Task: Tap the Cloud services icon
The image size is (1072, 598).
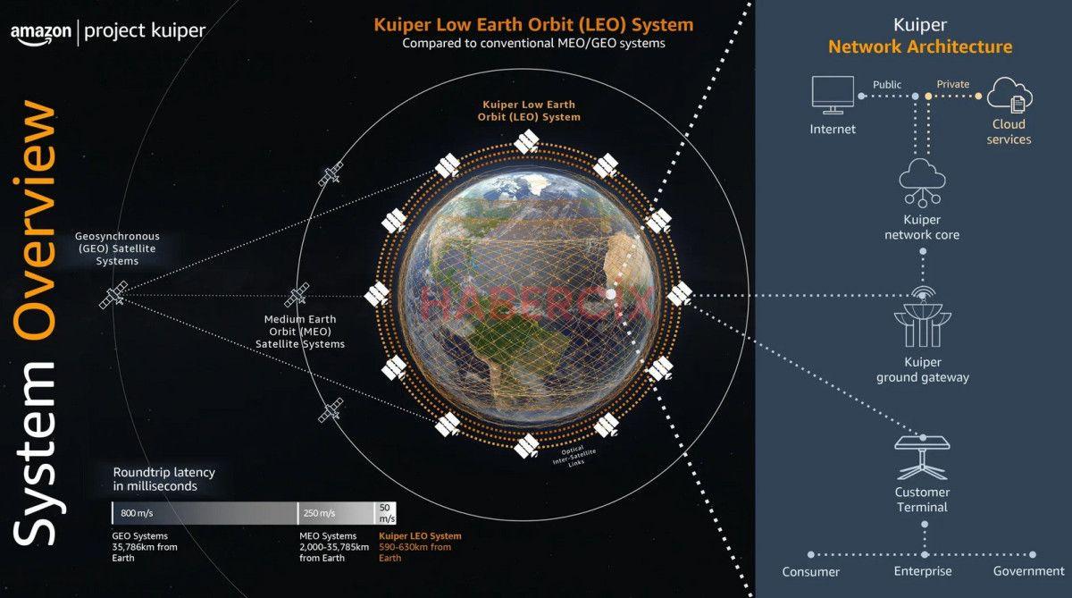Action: tap(1009, 95)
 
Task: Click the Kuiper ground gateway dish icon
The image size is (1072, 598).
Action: tap(923, 316)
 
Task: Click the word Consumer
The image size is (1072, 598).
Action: tap(811, 572)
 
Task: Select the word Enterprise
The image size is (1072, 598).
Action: tap(923, 571)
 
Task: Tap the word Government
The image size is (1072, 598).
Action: tap(1029, 571)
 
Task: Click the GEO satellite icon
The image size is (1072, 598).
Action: tap(114, 295)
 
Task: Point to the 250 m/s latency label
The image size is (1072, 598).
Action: tap(319, 513)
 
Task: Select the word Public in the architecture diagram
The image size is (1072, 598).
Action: tap(887, 85)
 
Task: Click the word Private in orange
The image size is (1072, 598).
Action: tap(952, 85)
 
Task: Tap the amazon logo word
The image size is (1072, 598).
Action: tap(39, 32)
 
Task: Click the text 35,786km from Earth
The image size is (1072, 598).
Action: tap(144, 547)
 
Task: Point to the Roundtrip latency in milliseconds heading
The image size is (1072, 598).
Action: tap(163, 479)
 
